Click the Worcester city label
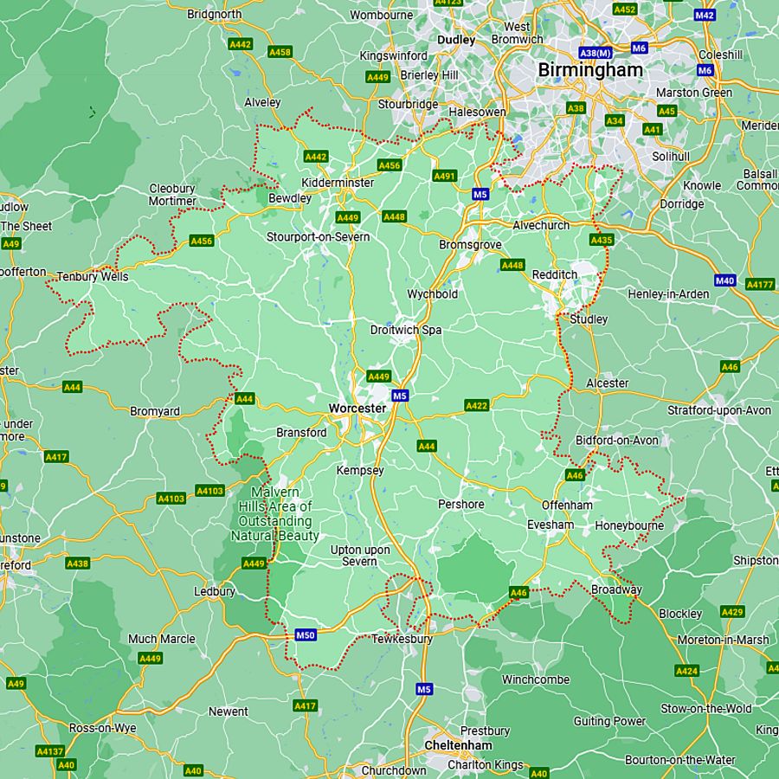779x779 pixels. click(357, 408)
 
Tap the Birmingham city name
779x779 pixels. click(590, 69)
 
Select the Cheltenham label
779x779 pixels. click(458, 745)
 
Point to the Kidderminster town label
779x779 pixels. click(338, 183)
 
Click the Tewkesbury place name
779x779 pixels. click(402, 639)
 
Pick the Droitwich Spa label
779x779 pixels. click(406, 330)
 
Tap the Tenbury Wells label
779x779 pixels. click(93, 277)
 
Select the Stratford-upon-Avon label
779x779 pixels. click(719, 409)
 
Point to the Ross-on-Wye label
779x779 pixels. click(103, 728)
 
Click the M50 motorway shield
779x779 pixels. click(306, 634)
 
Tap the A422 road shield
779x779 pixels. click(477, 405)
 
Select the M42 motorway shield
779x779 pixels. click(705, 16)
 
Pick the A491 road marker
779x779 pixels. click(444, 176)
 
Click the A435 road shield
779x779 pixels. click(601, 240)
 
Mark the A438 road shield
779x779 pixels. click(78, 563)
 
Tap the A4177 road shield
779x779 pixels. click(759, 284)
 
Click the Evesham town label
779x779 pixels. click(550, 525)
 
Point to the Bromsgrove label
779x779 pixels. click(470, 245)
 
